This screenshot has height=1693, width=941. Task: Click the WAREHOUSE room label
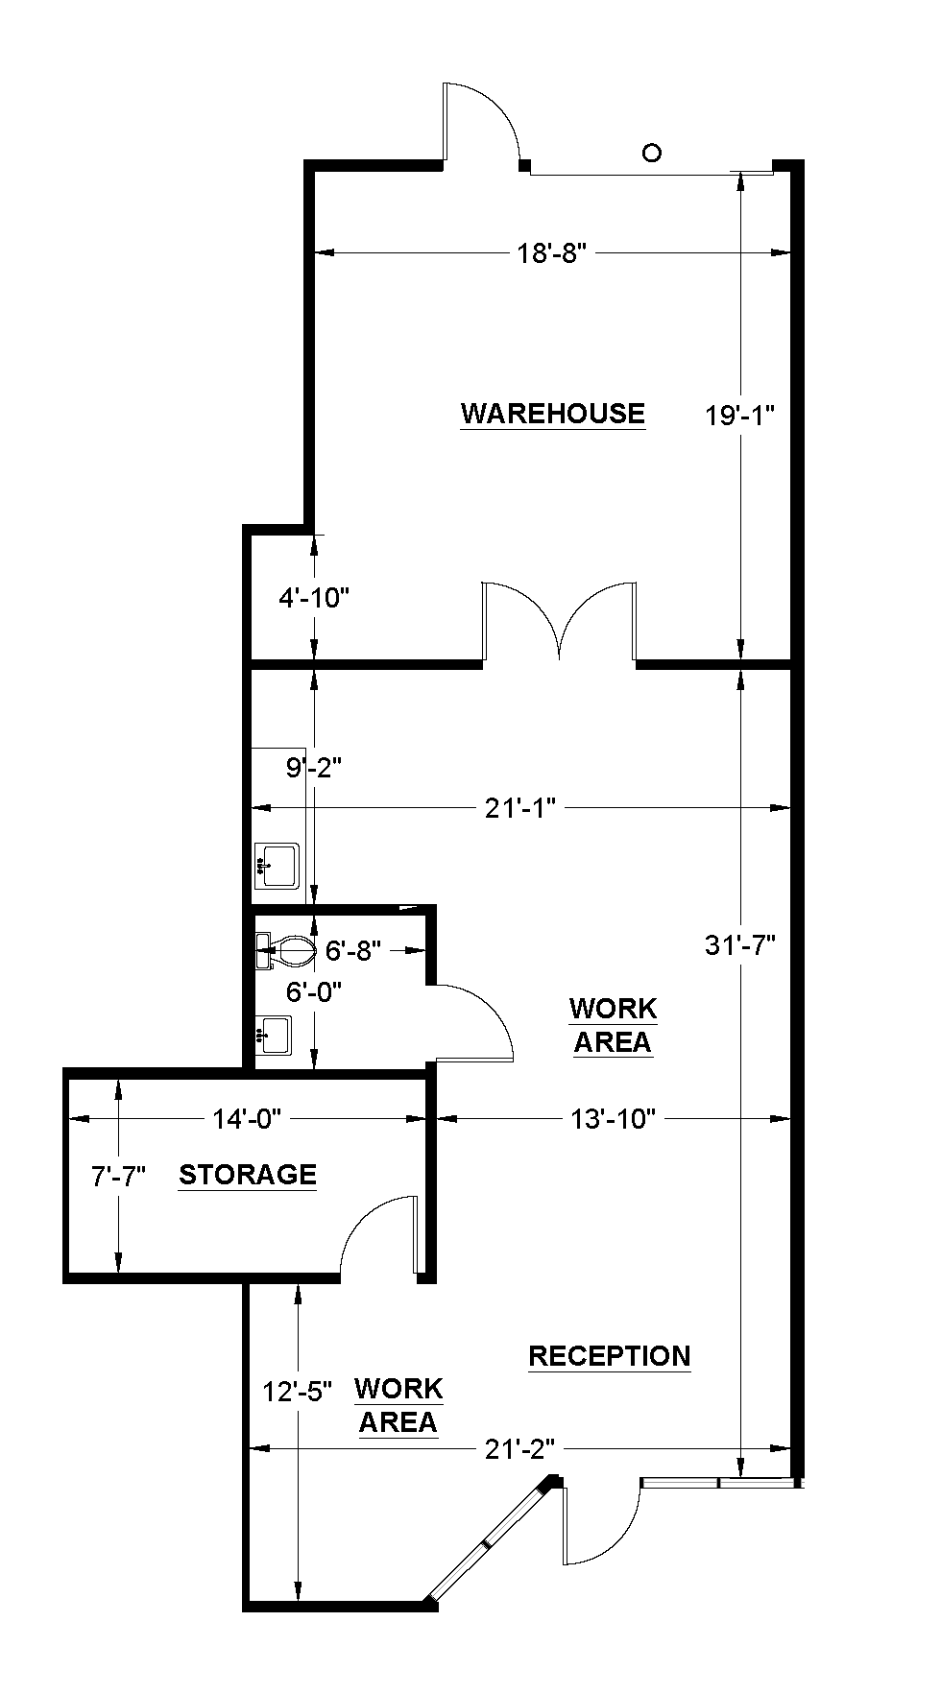coord(552,413)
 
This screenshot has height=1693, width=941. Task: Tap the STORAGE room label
coord(248,1174)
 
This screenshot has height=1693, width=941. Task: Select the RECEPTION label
coord(610,1355)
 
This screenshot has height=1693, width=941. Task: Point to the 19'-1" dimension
coord(739,415)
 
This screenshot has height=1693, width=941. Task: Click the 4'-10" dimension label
coord(313,598)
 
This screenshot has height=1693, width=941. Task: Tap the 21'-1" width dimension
coord(520,808)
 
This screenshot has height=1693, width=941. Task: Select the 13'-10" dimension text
coord(613,1118)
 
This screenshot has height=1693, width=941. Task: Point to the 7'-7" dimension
coord(118,1176)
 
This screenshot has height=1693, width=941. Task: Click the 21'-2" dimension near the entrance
coord(520,1448)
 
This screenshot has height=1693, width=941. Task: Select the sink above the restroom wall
coord(277,865)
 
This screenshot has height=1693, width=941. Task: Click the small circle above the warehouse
coord(652,153)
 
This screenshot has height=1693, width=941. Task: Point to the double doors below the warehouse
coord(559,624)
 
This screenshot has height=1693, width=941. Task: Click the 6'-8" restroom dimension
coord(353,951)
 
